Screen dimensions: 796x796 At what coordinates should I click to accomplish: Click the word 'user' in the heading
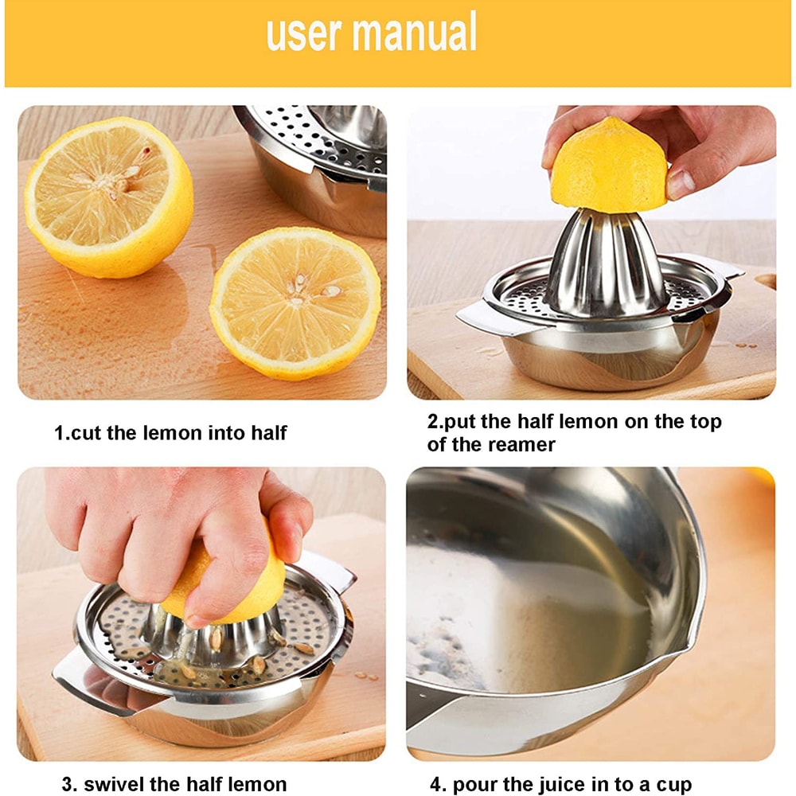(x=304, y=33)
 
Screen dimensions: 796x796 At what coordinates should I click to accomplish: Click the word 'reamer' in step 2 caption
(x=515, y=445)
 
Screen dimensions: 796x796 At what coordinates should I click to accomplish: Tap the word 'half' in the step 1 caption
(x=267, y=434)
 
